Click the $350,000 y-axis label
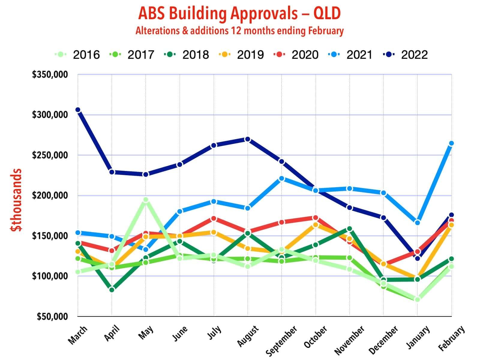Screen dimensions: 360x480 click(x=50, y=74)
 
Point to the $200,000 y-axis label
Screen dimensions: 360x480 click(x=50, y=196)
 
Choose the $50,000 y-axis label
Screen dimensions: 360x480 click(x=52, y=316)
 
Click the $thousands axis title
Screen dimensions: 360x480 click(x=16, y=200)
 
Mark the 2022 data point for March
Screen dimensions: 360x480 click(x=78, y=110)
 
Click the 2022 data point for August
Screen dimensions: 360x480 click(x=247, y=139)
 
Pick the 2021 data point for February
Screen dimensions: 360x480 click(x=451, y=143)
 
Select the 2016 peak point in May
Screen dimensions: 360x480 click(x=146, y=200)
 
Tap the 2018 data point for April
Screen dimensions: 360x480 click(x=112, y=289)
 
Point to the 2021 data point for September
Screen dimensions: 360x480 click(x=281, y=178)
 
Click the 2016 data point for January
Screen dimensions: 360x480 click(x=417, y=299)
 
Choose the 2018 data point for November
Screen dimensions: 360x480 click(x=349, y=229)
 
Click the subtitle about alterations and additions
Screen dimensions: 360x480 click(x=239, y=31)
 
